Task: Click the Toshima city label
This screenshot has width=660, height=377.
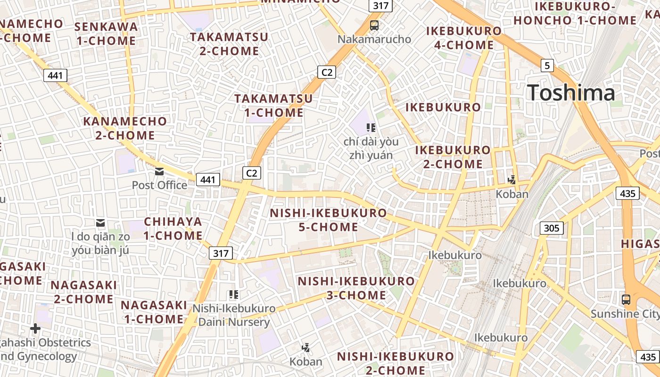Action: (x=571, y=92)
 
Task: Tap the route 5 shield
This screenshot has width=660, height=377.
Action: (x=547, y=66)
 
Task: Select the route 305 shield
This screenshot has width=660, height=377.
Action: (x=551, y=229)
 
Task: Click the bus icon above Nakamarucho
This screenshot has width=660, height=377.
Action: (x=374, y=25)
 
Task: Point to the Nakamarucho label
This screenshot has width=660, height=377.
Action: (x=374, y=39)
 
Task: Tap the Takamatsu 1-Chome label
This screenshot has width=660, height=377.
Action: (x=273, y=106)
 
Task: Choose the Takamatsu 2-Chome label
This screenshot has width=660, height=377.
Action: (x=229, y=44)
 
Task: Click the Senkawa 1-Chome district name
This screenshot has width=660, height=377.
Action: (x=106, y=33)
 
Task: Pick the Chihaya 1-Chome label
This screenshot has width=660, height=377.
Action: (x=173, y=228)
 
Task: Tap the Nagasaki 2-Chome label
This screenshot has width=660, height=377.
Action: (x=84, y=292)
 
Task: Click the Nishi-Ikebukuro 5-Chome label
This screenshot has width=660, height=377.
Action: (x=328, y=220)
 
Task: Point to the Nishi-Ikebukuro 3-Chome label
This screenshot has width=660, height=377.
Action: (x=356, y=288)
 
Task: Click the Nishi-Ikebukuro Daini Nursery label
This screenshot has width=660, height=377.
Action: (x=234, y=315)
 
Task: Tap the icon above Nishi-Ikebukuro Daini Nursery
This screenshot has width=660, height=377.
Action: (x=234, y=295)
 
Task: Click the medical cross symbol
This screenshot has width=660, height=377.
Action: (x=35, y=328)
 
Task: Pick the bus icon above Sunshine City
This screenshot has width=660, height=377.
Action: (x=626, y=299)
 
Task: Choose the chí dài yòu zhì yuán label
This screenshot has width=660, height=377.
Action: (x=371, y=148)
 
